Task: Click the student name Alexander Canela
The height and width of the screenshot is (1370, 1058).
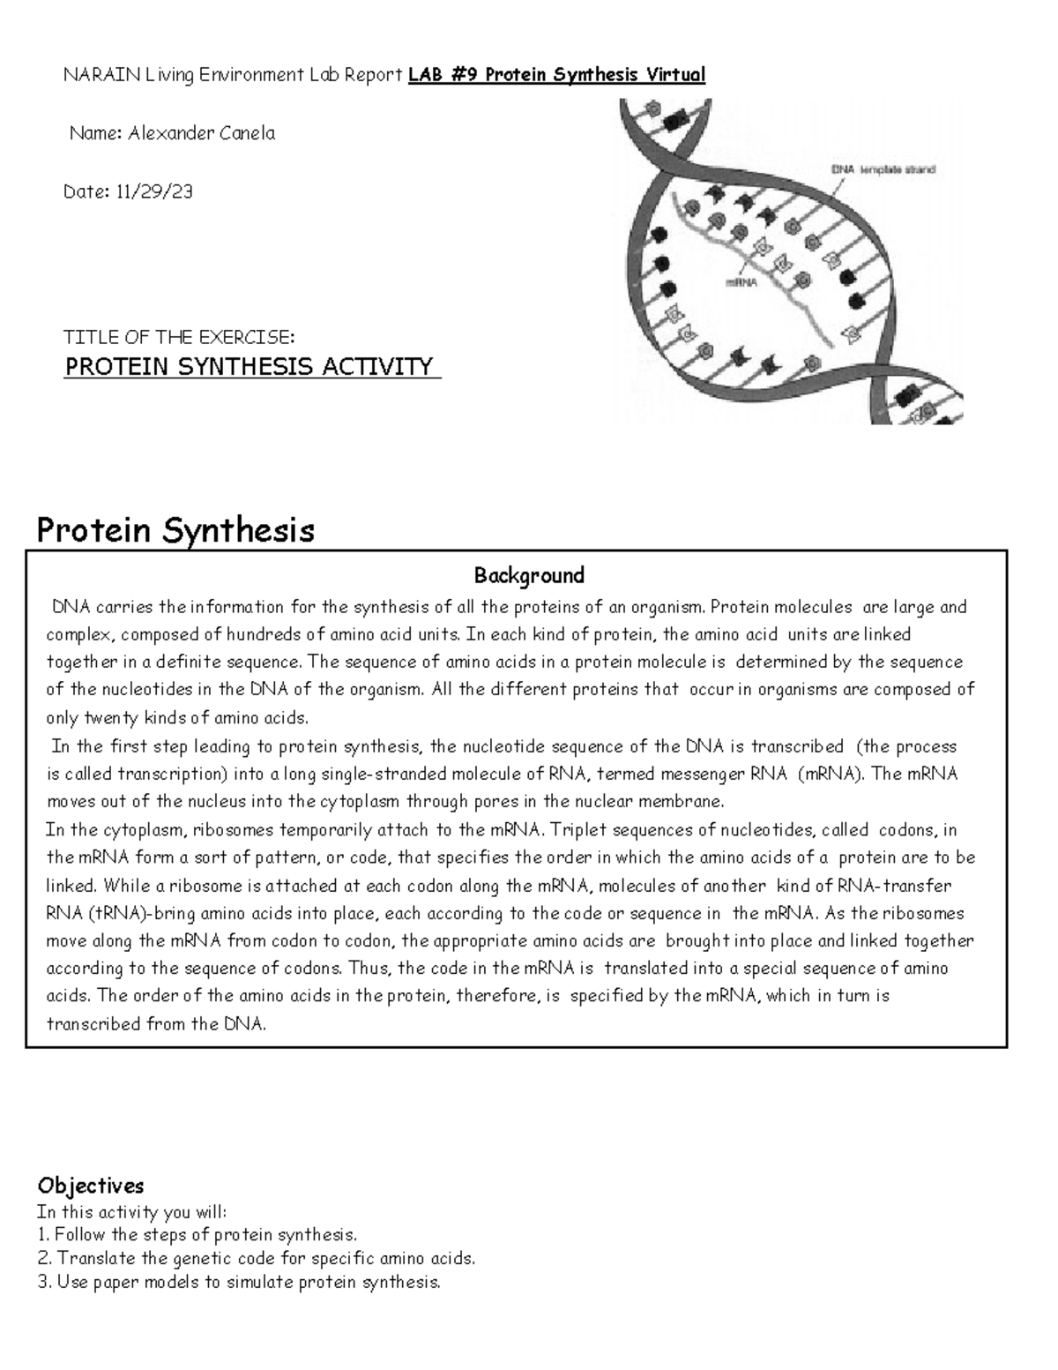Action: tap(201, 134)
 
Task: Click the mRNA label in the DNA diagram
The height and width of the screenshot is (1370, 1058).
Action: tap(741, 283)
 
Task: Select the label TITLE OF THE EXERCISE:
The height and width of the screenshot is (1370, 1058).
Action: tap(178, 338)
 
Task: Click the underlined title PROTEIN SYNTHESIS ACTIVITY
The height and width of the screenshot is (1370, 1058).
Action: tap(250, 367)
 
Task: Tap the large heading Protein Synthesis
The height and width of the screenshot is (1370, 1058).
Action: tap(175, 530)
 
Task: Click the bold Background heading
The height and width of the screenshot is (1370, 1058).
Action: tap(529, 576)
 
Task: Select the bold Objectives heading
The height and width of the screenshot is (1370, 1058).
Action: tap(90, 1185)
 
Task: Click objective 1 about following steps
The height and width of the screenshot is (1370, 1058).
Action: tap(197, 1235)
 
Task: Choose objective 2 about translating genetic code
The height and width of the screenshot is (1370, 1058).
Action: tap(256, 1259)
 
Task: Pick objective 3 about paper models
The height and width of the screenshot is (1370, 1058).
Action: tap(239, 1283)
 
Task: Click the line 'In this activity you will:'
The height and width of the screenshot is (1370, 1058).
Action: tap(132, 1212)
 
